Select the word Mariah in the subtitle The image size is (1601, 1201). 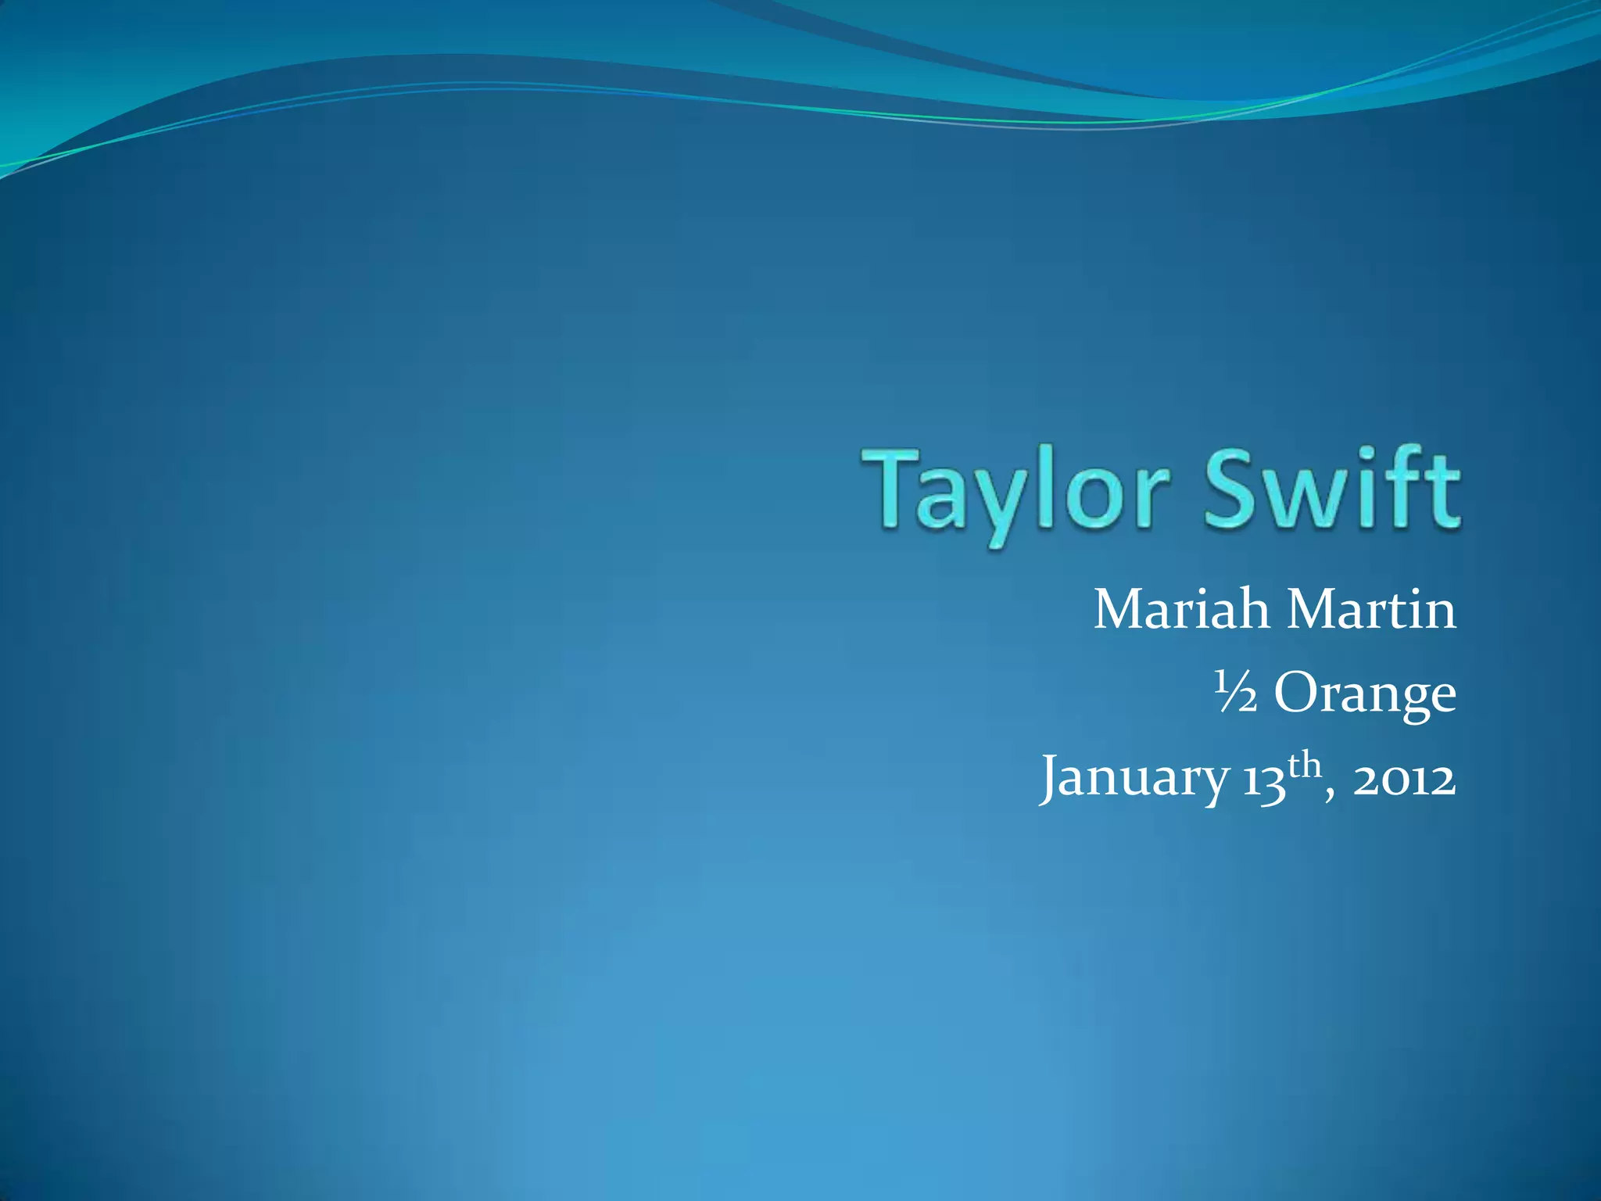click(1180, 610)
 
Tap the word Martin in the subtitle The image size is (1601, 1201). click(1372, 610)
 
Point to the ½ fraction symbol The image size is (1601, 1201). click(1234, 693)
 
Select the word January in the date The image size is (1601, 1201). click(1134, 779)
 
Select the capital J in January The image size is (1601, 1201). click(1052, 779)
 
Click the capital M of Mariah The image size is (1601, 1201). click(1118, 610)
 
